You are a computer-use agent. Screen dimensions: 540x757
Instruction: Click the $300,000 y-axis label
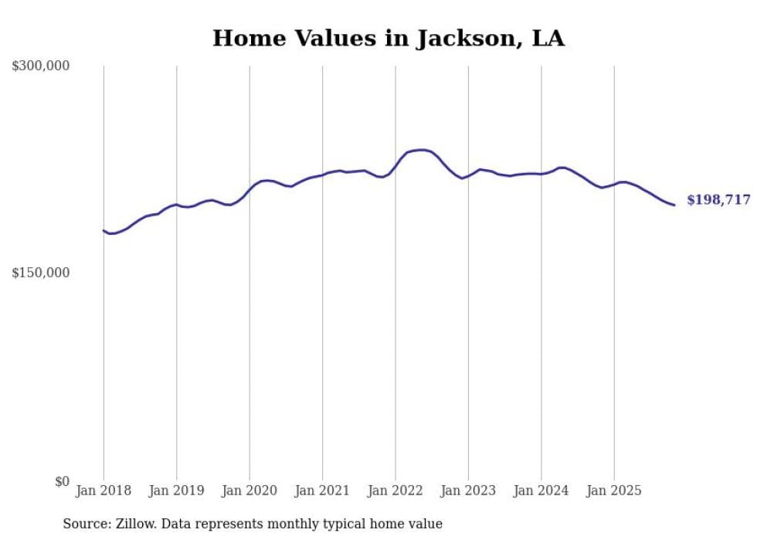[x=41, y=66]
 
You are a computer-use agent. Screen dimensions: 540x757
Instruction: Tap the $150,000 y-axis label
[x=41, y=273]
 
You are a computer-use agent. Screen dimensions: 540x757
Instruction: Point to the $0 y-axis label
[x=62, y=481]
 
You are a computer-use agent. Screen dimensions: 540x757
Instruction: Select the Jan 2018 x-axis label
[x=104, y=491]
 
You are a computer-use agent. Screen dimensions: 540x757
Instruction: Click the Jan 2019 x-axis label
[x=176, y=491]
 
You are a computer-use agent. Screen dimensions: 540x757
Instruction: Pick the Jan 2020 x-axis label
[x=250, y=491]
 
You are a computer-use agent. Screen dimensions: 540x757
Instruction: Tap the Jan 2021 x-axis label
[x=322, y=491]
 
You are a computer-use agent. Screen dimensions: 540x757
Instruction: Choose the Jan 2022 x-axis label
[x=395, y=491]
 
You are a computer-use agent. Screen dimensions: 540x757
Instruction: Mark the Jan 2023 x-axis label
[x=468, y=491]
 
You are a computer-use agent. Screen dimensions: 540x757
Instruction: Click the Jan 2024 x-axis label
[x=541, y=491]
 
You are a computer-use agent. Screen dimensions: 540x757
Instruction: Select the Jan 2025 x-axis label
[x=614, y=491]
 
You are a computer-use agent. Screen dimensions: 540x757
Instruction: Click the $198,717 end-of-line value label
[x=718, y=200]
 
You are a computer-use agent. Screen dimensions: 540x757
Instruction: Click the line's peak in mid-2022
[x=419, y=150]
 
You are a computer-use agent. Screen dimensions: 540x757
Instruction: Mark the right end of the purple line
[x=674, y=205]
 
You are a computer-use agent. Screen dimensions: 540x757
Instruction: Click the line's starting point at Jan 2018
[x=104, y=230]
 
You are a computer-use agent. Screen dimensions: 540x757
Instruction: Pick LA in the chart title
[x=548, y=38]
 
